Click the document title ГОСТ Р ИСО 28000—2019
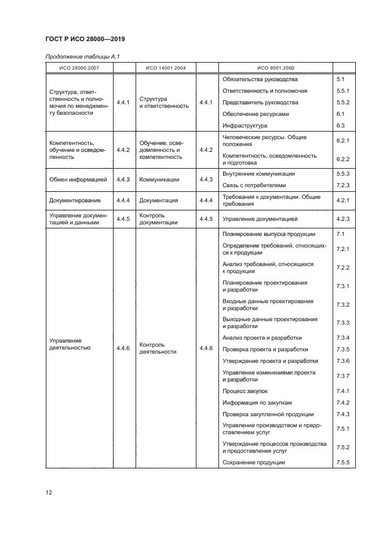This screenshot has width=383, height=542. point(85,39)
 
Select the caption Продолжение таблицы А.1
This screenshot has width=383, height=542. point(82,56)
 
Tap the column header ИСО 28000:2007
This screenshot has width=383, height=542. point(79,68)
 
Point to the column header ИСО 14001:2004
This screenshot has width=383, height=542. point(165,68)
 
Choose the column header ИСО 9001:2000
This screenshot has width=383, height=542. point(275,68)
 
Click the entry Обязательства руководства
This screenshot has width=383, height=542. point(260,79)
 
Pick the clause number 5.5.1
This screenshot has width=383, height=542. point(342,90)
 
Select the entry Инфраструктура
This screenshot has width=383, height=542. point(245,125)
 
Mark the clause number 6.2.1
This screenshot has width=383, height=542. point(342,141)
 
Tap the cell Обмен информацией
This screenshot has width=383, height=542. point(78,180)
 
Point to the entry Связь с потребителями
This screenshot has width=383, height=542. point(254,185)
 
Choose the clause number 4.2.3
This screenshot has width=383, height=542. point(342,219)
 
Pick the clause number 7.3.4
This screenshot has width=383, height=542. point(342,338)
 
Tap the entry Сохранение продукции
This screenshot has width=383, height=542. point(254,462)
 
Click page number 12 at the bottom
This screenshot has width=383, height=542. point(49,493)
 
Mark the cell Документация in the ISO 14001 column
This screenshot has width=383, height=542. point(159,200)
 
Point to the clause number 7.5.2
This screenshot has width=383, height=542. point(342,447)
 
